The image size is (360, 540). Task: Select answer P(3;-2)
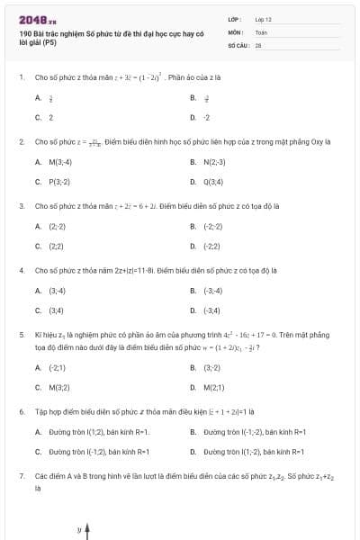tap(59, 181)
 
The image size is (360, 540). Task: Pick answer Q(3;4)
tap(213, 181)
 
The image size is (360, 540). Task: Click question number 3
tap(21, 205)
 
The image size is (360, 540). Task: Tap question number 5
tap(21, 334)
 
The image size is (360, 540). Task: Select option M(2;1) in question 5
tap(214, 387)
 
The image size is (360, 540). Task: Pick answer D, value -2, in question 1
tap(207, 117)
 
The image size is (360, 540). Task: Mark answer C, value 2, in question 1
tap(51, 117)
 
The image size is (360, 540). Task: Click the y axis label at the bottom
tap(78, 530)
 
